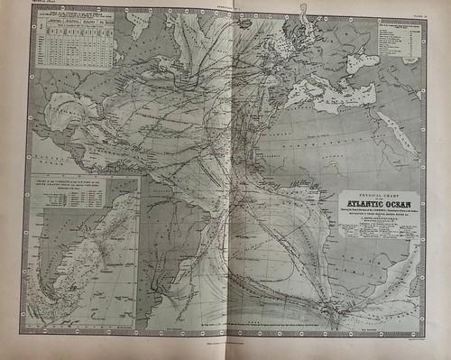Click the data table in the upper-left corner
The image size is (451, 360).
pos(77,40)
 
